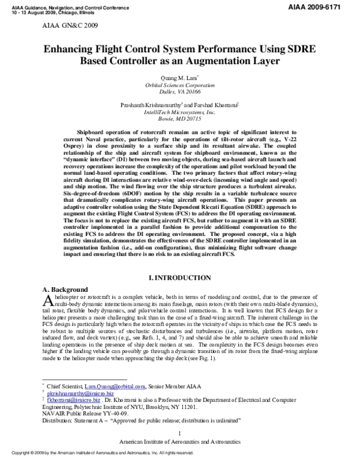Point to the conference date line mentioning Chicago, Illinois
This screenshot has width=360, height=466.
coord(48,10)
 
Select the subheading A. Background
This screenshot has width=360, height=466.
coord(65,289)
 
